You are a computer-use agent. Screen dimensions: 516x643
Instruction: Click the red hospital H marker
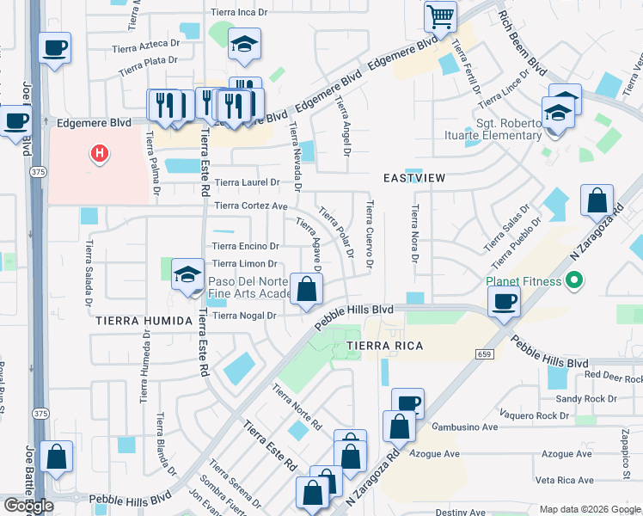[x=101, y=154]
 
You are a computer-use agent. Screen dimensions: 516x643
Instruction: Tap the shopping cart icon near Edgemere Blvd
[x=439, y=15]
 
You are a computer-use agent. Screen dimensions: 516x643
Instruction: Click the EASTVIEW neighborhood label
[x=414, y=177]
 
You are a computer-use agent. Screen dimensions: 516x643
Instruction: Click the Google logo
[x=28, y=506]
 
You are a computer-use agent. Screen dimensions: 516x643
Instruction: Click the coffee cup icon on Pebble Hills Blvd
[x=504, y=300]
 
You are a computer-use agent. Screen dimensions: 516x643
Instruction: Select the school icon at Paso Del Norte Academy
[x=187, y=274]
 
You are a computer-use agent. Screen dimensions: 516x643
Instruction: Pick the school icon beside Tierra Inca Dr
[x=244, y=43]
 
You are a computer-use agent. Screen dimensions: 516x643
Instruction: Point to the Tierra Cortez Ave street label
[x=251, y=206]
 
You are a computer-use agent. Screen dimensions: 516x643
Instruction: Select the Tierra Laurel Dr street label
[x=248, y=182]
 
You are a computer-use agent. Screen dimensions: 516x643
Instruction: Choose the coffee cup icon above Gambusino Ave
[x=408, y=402]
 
